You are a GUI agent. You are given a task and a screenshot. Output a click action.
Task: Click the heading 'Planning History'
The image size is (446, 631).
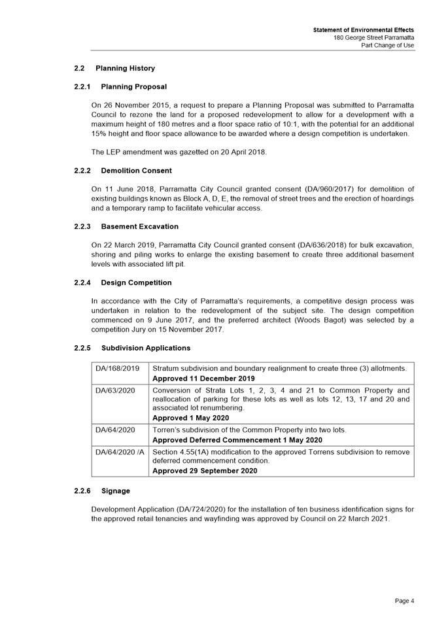click(125, 68)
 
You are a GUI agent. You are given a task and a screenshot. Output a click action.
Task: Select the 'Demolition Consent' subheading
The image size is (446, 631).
click(136, 171)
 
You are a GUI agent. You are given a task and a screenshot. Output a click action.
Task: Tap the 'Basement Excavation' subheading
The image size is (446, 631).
click(139, 226)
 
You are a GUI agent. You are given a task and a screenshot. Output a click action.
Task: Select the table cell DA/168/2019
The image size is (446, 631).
click(118, 368)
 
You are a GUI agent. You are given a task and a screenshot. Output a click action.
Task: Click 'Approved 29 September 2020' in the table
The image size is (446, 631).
click(204, 471)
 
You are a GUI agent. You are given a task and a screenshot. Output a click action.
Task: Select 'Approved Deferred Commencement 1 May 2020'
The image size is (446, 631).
click(237, 440)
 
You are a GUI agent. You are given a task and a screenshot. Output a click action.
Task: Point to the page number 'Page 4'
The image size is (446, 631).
click(404, 600)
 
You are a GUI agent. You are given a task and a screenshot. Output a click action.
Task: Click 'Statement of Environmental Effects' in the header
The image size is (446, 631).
click(363, 30)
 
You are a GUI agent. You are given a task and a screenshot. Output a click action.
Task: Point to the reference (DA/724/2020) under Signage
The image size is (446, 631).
click(202, 509)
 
